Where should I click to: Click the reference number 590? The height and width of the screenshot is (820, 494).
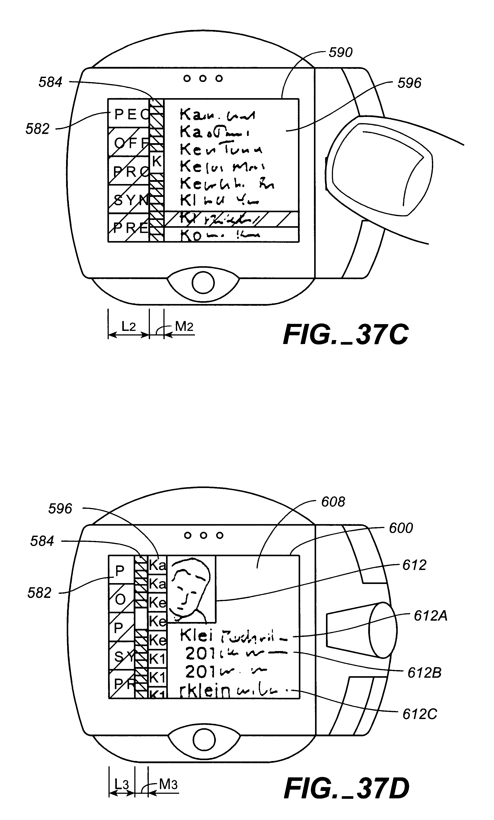(x=340, y=52)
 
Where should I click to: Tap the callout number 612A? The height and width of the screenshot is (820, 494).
(x=430, y=616)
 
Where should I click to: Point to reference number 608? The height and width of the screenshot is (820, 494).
(x=333, y=502)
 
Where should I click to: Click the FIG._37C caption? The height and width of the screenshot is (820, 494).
(x=345, y=335)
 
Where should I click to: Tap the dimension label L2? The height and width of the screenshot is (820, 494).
(x=128, y=327)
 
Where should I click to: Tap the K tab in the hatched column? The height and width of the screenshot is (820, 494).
(x=156, y=162)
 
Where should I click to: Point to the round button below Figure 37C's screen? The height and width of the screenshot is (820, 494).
(x=203, y=283)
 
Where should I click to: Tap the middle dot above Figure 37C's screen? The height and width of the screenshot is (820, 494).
(x=203, y=78)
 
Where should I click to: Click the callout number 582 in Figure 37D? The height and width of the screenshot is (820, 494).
(x=39, y=593)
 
